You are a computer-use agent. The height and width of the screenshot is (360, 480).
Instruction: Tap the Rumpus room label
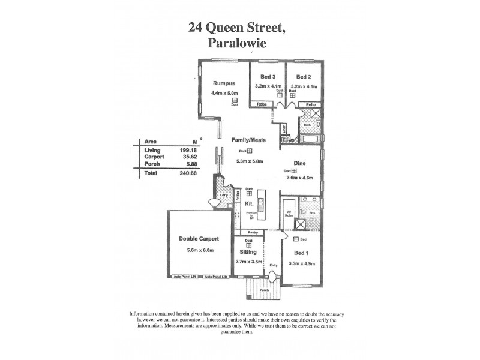coord(224,84)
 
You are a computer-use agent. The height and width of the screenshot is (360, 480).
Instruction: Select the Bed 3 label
coord(267,77)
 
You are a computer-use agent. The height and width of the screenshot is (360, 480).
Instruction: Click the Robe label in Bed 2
coord(310,105)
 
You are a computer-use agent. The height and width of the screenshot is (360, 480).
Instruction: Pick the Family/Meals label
coord(249,139)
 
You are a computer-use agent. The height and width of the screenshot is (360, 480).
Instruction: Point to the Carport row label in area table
coord(154,157)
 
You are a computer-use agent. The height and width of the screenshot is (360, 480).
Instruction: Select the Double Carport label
coord(199,238)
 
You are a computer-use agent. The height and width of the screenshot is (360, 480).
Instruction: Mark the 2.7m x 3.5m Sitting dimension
coord(248,262)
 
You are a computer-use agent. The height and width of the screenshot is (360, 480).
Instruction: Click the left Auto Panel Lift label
coord(185,277)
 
